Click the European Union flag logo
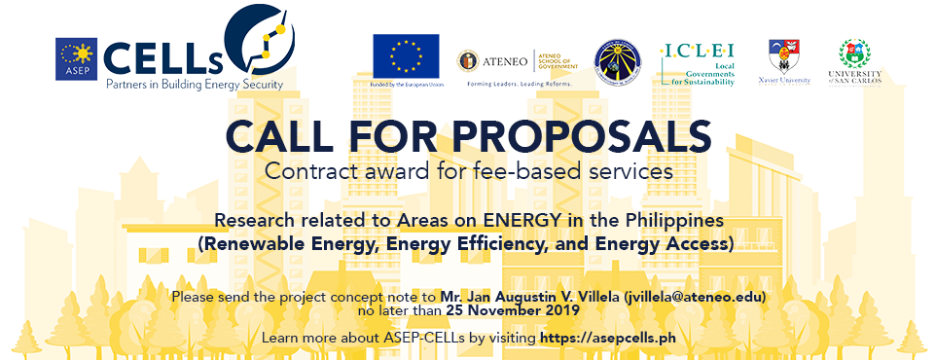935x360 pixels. coord(406,56)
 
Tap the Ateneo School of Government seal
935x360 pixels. coord(468,60)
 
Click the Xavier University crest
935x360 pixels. coord(783,55)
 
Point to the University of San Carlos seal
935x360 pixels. coord(852,54)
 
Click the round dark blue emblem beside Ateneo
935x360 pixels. coord(616,59)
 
